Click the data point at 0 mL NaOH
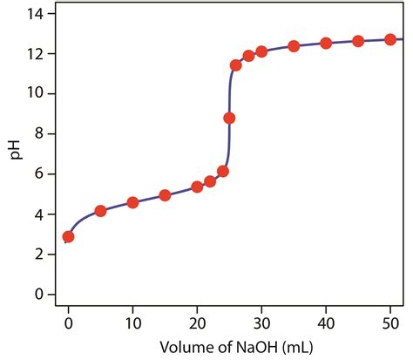(x=68, y=236)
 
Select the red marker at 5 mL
(x=100, y=211)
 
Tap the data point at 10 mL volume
(x=132, y=202)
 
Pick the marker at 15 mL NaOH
(x=165, y=195)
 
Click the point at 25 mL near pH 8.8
(x=229, y=118)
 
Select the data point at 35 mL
(x=294, y=46)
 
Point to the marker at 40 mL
(x=326, y=43)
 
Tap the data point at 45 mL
(x=358, y=41)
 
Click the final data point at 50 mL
(x=390, y=39)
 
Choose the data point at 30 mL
(x=261, y=51)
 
